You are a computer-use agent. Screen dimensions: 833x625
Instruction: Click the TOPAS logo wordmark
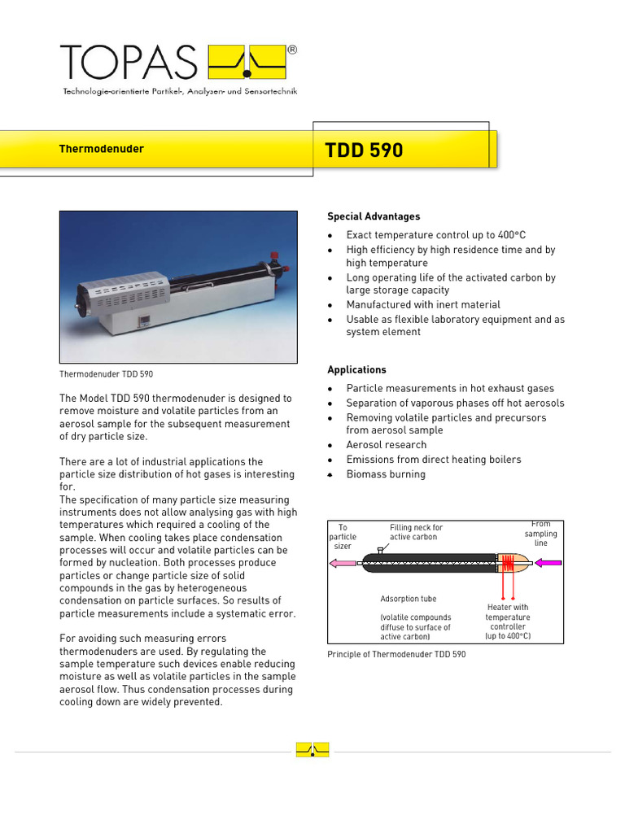pyautogui.click(x=129, y=62)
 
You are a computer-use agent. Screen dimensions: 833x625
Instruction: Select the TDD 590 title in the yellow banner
pyautogui.click(x=364, y=150)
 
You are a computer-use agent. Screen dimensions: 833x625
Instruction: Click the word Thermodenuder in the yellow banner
pyautogui.click(x=101, y=149)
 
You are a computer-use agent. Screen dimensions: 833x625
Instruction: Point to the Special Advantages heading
pyautogui.click(x=374, y=216)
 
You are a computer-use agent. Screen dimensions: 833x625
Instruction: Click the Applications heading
pyautogui.click(x=356, y=369)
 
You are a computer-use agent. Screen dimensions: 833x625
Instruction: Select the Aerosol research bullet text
pyautogui.click(x=386, y=445)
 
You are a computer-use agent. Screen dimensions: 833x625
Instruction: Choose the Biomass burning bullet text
pyautogui.click(x=386, y=474)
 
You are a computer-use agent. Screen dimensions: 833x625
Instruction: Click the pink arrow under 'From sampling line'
pyautogui.click(x=548, y=561)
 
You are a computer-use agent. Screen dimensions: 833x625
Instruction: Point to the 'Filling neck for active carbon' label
pyautogui.click(x=416, y=532)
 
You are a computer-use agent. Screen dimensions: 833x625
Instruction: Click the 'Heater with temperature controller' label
pyautogui.click(x=508, y=621)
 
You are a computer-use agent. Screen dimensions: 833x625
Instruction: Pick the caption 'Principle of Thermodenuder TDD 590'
pyautogui.click(x=396, y=654)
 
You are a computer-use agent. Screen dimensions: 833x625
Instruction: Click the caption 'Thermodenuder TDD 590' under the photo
pyautogui.click(x=106, y=374)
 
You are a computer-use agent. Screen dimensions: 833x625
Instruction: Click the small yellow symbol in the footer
pyautogui.click(x=312, y=750)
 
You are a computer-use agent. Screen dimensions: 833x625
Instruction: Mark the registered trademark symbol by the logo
pyautogui.click(x=292, y=50)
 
